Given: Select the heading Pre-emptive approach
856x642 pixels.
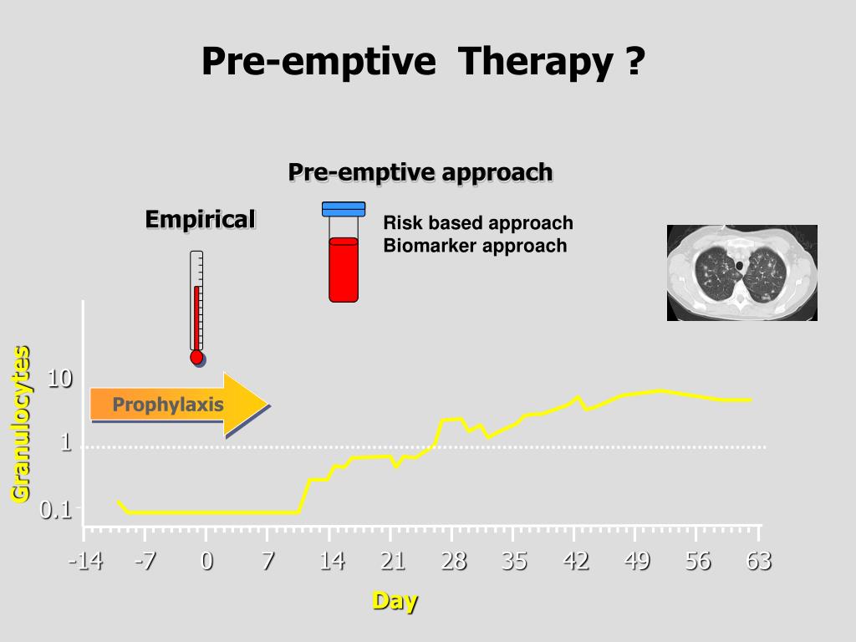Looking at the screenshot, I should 420,172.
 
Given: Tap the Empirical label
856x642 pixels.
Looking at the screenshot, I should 200,219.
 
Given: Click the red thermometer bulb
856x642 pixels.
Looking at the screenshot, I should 196,357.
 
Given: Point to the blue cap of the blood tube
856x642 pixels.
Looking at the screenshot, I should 344,209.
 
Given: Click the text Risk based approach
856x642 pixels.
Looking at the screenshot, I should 478,223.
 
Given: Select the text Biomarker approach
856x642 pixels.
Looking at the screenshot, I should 475,246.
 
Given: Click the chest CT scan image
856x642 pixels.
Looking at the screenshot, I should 741,273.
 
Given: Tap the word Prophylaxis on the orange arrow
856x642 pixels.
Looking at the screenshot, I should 168,405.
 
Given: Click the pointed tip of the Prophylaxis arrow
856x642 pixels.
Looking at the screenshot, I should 266,405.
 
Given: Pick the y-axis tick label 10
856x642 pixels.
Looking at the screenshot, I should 59,379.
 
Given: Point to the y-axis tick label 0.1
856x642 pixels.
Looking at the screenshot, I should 56,509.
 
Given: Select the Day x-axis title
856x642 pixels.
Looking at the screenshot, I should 395,600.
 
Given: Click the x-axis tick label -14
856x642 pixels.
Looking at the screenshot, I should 85,561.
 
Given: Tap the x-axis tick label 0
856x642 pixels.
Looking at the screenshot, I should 206,561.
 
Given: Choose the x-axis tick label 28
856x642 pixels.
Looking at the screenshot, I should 453,561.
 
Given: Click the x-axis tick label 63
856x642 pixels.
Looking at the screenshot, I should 759,561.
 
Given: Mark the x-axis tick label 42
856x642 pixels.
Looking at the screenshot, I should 576,561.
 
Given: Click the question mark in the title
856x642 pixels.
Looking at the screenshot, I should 634,63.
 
